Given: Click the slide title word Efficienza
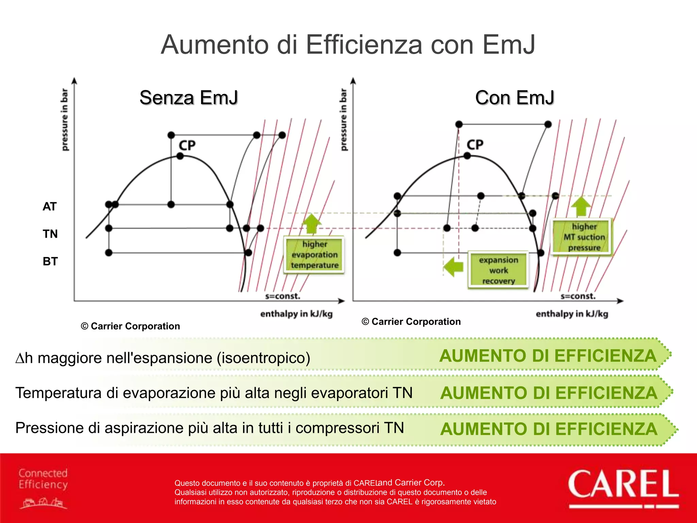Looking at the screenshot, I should (x=364, y=45).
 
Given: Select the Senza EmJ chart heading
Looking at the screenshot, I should (x=189, y=98).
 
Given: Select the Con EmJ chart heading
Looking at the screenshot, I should (x=515, y=98).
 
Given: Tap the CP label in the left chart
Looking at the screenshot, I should (x=187, y=145).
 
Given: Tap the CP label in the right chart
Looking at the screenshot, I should (x=475, y=145).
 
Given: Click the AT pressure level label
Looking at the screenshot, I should (x=50, y=206).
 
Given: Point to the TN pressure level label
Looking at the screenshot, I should (x=50, y=234).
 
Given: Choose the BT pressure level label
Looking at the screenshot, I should (x=50, y=261).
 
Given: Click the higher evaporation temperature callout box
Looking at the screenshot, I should (x=314, y=255).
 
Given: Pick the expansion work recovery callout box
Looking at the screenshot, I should (x=499, y=270).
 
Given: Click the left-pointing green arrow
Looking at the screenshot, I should (x=454, y=267).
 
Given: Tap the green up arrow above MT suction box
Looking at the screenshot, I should (x=581, y=206).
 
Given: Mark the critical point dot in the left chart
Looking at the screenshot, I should (x=180, y=156).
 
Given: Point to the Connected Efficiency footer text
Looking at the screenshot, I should (x=43, y=478).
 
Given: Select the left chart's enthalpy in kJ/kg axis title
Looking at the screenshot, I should (x=296, y=314).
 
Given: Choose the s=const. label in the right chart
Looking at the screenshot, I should (x=578, y=296).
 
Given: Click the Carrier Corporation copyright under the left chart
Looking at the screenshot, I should (x=130, y=326).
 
